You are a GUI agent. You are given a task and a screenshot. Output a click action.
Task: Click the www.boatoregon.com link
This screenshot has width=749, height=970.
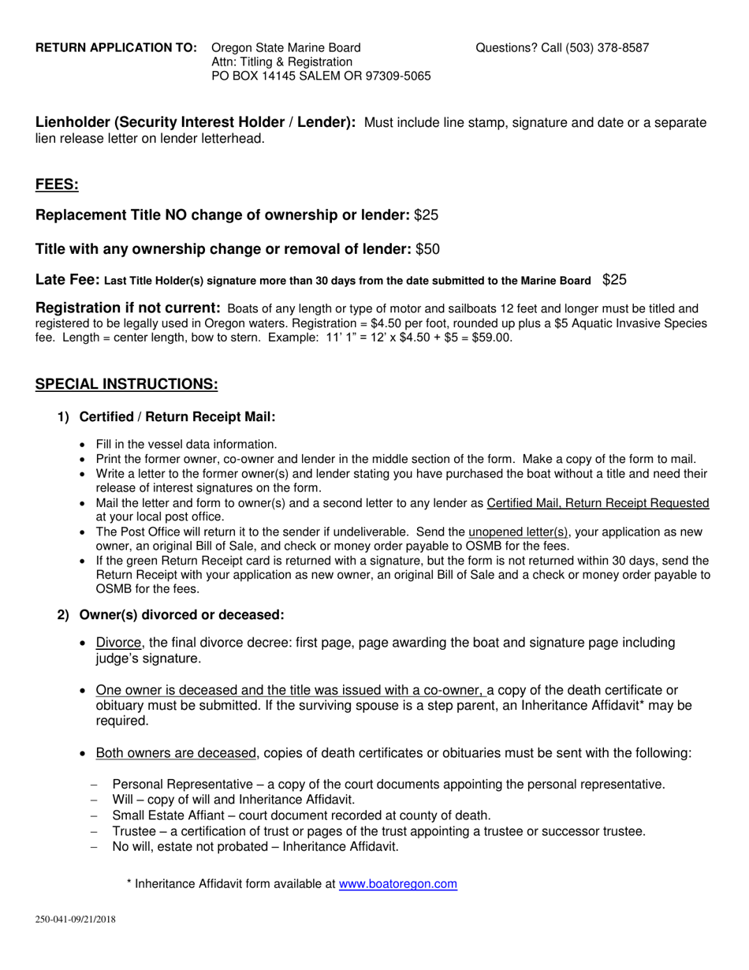pos(397,884)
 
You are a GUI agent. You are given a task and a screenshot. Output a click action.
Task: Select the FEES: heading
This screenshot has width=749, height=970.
pos(57,185)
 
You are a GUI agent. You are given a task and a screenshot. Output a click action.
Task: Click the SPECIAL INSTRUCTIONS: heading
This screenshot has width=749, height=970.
pos(126,384)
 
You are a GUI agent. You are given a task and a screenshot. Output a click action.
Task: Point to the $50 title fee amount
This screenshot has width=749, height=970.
pos(427,249)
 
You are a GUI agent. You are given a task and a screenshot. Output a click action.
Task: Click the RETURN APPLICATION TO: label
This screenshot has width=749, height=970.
pos(117,48)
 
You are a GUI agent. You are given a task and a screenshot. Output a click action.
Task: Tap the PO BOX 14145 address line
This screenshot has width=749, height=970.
pos(321,76)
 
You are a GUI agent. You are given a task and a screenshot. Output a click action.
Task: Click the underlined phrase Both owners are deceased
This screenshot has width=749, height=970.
pos(176,753)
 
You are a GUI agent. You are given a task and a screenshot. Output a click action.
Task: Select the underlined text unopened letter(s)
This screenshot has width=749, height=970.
pos(518,532)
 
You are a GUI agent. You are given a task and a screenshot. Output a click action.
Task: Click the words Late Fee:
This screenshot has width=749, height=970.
pos(68,280)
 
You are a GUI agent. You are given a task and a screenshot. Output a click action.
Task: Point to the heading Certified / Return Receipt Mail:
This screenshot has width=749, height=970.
pos(177,417)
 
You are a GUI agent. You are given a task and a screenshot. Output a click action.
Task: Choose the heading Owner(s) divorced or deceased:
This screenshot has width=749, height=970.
pos(181,614)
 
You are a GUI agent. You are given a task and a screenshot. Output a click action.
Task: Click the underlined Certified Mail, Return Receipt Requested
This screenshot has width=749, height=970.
pos(598,503)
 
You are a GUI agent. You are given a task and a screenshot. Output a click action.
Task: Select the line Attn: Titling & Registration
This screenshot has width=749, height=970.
pos(281,62)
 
